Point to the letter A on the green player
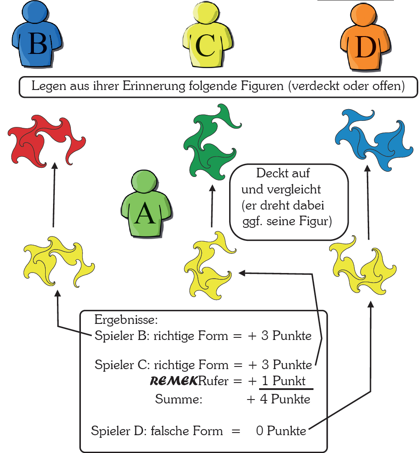[145, 213]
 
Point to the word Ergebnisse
[126, 321]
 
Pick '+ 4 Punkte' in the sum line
[279, 400]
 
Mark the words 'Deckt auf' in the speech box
[283, 173]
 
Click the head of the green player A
[144, 183]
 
